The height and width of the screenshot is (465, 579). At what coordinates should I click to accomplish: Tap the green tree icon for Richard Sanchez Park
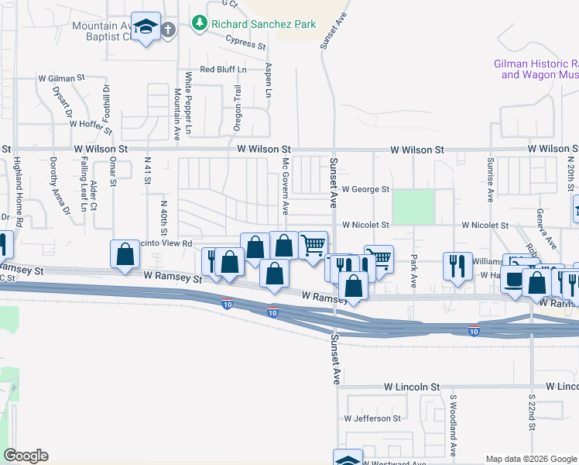pos(200,23)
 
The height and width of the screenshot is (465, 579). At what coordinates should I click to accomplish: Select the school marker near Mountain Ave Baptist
pos(146,27)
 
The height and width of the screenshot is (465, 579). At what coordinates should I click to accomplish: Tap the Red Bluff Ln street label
pos(223,70)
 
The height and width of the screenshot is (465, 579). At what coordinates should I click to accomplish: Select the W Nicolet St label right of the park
pos(484,225)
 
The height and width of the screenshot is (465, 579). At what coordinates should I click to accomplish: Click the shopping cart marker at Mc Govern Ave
pos(313,246)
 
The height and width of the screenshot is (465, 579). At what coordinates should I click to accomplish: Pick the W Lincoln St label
pos(412,386)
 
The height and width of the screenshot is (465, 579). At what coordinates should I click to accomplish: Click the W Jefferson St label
pos(372,418)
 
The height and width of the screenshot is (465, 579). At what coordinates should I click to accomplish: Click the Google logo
pos(26,456)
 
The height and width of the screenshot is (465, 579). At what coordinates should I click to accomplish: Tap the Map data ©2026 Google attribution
pos(531,459)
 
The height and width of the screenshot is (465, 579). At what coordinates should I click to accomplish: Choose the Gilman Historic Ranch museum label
pos(536,69)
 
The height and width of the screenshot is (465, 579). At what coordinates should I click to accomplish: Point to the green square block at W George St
pos(413,207)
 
